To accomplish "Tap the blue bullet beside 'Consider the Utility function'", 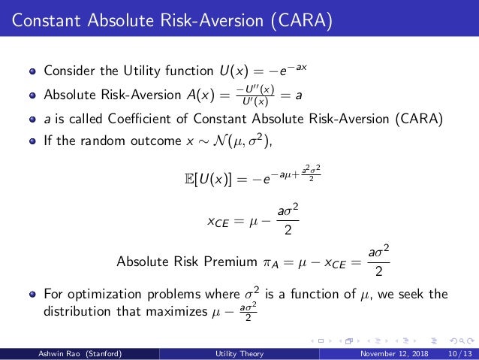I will pyautogui.click(x=32, y=73).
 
